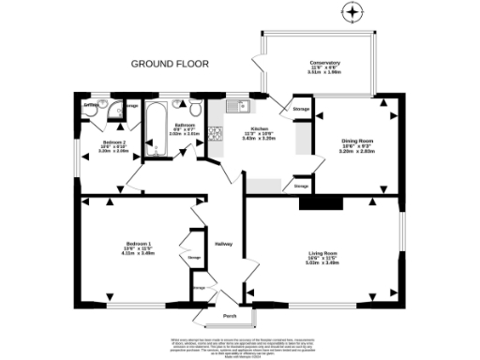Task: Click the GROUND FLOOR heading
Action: click(x=170, y=65)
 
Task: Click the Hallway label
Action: click(x=223, y=243)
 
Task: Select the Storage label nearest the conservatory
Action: click(x=301, y=110)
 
